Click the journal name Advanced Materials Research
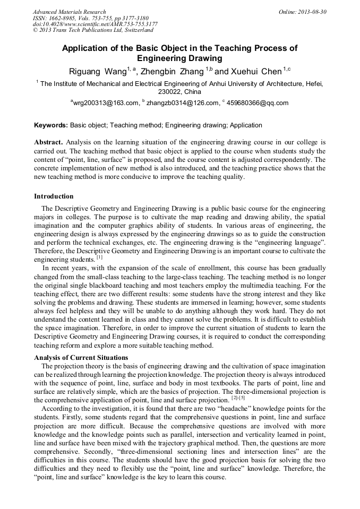point(69,12)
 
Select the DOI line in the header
point(95,24)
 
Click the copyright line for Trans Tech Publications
point(93,30)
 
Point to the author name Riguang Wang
point(97,71)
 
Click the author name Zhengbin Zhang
point(172,71)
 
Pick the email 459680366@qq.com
point(258,103)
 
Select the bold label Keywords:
point(51,126)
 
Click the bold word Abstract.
point(48,143)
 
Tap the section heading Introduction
point(54,196)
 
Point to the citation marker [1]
point(99,257)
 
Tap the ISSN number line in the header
point(90,18)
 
